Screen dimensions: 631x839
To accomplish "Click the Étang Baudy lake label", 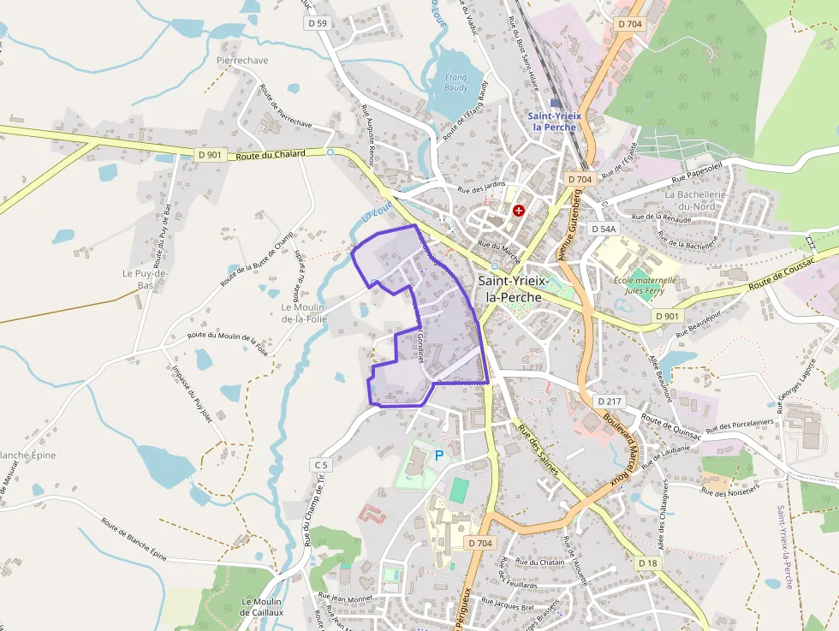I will point(456,82).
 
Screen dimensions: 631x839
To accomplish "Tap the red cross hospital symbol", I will point(518,210).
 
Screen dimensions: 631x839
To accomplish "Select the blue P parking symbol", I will point(440,455).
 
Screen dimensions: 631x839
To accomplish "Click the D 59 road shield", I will point(318,23).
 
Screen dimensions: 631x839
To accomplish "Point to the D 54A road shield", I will point(603,229).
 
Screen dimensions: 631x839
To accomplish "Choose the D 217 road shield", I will point(610,401).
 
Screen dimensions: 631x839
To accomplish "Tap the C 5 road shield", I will point(320,465).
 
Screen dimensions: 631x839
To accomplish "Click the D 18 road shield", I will point(648,563).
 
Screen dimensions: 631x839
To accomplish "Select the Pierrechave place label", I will point(242,61).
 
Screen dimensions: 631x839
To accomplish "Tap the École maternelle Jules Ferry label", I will point(645,285).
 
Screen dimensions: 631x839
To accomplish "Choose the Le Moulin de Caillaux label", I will point(256,607).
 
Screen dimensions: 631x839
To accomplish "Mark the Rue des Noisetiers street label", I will point(730,491).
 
